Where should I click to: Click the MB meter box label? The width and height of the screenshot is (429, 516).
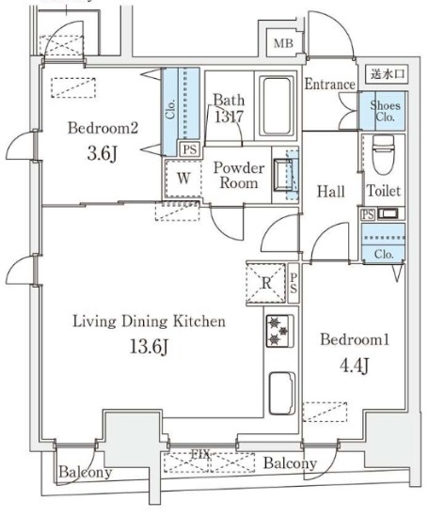pos(283,43)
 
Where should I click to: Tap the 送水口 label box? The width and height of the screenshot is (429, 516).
pos(388,73)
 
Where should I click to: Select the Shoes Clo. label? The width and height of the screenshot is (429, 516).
pos(385,111)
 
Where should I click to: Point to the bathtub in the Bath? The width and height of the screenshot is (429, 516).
pos(277,106)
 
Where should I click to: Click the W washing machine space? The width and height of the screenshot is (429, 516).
pos(183,179)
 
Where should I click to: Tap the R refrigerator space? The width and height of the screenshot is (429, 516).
pos(266,283)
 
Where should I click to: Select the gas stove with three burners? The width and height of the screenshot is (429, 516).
pos(279,331)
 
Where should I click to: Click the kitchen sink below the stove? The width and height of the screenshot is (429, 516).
pos(281,393)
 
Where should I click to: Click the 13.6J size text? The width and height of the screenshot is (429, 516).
pos(150,346)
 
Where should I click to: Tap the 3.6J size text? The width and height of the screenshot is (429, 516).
pos(103,154)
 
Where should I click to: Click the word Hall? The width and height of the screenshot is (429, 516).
pos(331,192)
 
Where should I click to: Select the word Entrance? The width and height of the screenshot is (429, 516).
pos(329,85)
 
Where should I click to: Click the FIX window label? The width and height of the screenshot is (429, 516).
pos(201,455)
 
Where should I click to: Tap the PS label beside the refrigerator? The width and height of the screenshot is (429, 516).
pos(294,283)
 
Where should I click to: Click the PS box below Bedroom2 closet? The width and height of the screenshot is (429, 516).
pos(190,149)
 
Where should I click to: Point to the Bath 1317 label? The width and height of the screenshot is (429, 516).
pos(229,108)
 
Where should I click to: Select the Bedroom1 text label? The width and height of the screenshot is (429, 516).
pos(355,339)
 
